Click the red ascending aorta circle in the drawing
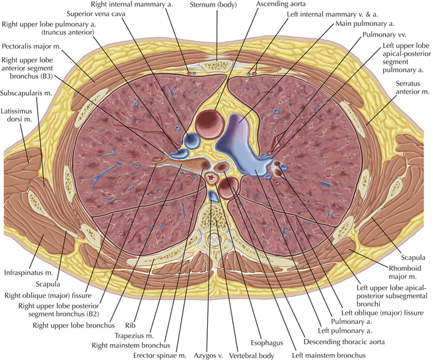coord(209,123)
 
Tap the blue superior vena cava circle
coord(193,140)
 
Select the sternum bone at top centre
coord(217,66)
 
